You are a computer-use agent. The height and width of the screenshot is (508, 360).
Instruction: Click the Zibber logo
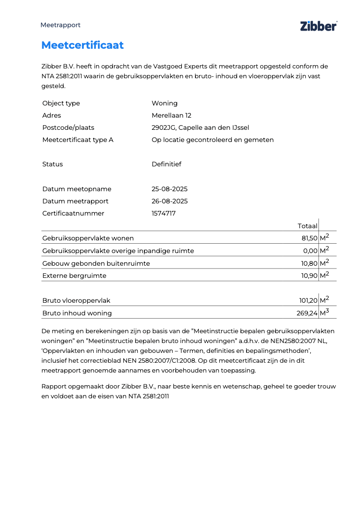point(318,26)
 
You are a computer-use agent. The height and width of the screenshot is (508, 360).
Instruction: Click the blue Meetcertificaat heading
point(82,45)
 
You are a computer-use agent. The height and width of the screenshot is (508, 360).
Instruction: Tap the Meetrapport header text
point(60,25)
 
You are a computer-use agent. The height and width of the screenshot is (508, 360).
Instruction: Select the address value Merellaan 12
point(172,115)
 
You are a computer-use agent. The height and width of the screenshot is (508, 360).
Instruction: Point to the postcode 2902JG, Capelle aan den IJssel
point(201,127)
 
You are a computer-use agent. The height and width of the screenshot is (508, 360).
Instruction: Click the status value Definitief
point(166,164)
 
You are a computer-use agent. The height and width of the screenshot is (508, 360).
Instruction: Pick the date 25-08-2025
point(170,189)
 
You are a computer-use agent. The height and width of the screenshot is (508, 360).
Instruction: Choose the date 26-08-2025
point(170,201)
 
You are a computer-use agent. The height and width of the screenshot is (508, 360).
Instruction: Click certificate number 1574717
point(164,213)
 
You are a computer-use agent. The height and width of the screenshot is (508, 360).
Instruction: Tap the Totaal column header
point(307,226)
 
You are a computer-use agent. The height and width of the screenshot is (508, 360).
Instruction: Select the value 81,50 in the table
point(309,238)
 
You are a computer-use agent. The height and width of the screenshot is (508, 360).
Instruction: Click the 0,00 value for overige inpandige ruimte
point(310,251)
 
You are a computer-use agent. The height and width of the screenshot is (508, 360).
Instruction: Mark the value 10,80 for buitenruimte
point(309,263)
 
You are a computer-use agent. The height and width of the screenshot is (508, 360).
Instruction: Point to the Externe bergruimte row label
point(74,276)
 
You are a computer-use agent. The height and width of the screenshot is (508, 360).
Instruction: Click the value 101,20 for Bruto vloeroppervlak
point(307,300)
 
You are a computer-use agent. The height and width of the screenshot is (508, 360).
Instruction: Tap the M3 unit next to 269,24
point(324,313)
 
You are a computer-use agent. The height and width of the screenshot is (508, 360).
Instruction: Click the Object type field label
point(61,103)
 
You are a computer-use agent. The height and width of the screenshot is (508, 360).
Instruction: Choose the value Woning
point(165,103)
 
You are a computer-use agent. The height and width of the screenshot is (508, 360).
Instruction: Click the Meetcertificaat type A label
point(78,140)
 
